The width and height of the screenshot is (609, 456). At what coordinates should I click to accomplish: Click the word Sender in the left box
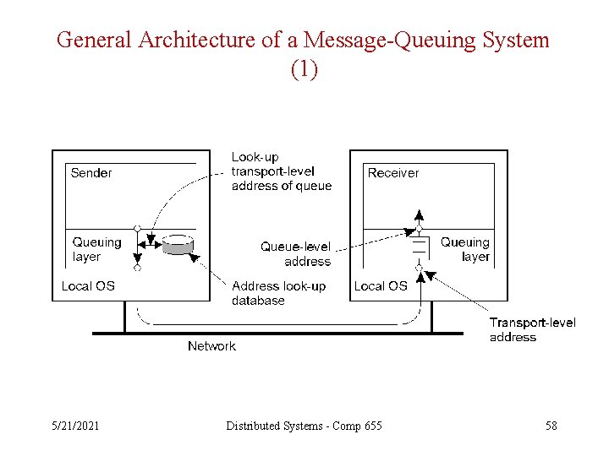click(91, 173)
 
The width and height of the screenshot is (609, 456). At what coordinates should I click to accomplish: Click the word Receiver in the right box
click(393, 173)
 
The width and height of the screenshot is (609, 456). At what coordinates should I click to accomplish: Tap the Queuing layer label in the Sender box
click(96, 249)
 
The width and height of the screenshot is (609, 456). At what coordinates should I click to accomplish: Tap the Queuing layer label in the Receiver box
click(464, 249)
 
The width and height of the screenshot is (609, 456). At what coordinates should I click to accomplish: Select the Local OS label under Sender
click(88, 286)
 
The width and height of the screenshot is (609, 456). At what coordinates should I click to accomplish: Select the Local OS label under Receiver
click(381, 286)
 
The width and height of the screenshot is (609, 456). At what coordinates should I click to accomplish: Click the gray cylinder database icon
click(178, 245)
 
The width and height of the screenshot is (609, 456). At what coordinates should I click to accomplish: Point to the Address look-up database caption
click(278, 293)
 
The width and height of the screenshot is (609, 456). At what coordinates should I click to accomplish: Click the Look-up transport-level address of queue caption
click(281, 171)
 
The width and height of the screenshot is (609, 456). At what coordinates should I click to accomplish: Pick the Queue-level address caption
click(295, 254)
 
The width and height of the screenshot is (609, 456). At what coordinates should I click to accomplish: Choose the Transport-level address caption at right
click(532, 329)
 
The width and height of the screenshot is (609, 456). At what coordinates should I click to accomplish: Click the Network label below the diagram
click(211, 346)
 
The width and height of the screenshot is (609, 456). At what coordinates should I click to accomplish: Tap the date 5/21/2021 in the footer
click(74, 426)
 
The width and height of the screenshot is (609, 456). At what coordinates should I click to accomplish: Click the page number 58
click(551, 426)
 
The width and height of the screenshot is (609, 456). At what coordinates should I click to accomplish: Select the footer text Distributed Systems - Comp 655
click(304, 426)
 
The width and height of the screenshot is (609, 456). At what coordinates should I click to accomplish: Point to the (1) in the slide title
click(304, 69)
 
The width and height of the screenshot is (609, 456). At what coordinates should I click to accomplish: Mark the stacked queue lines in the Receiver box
click(418, 248)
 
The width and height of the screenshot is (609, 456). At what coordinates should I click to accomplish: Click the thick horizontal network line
click(279, 334)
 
